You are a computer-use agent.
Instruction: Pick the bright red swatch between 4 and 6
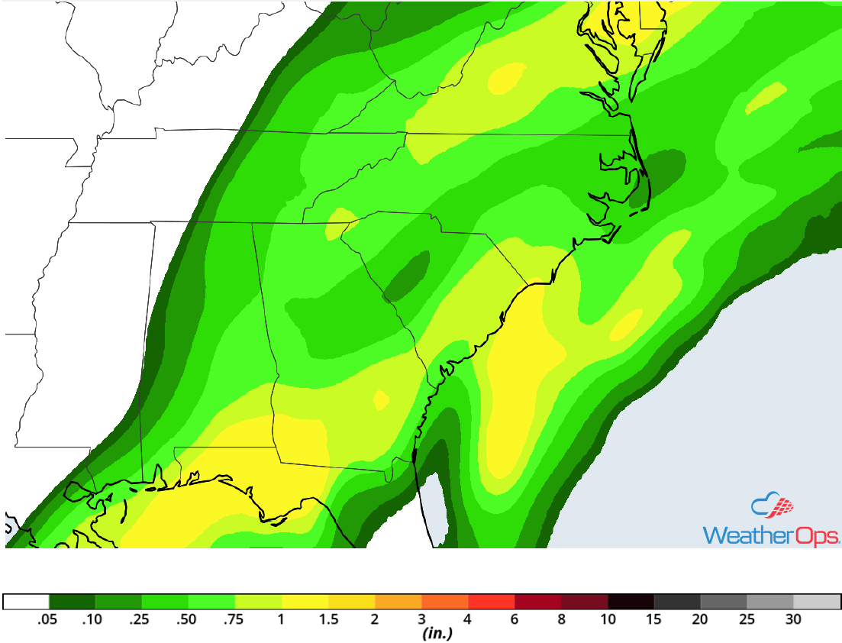(491, 602)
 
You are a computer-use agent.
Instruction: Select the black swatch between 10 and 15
(631, 602)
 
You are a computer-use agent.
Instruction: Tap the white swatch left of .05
(26, 602)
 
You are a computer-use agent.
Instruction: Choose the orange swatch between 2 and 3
(398, 602)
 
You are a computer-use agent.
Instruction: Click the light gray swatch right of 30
(817, 602)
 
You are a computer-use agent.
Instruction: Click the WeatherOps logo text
(771, 534)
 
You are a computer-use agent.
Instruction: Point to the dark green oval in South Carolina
(406, 276)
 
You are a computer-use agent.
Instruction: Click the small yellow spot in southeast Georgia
(380, 398)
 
